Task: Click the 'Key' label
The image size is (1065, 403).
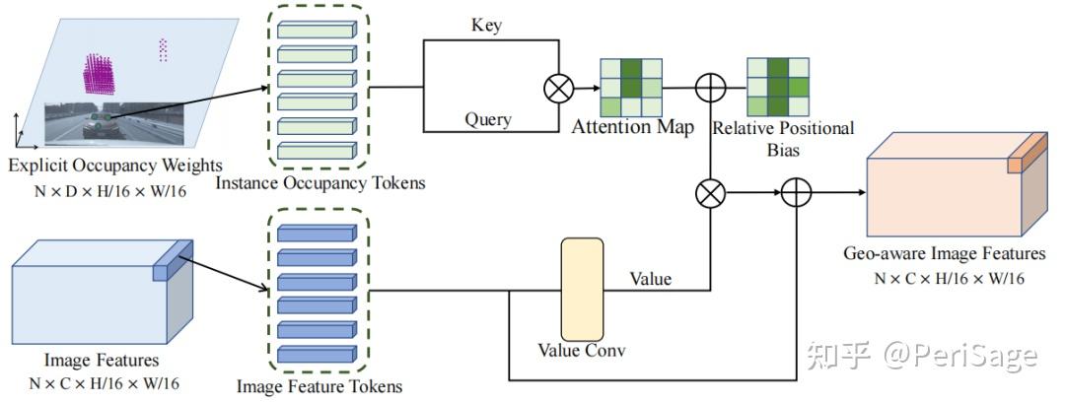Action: tap(487, 26)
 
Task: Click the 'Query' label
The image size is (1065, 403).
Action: tap(487, 119)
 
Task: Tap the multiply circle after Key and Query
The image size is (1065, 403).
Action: tap(559, 89)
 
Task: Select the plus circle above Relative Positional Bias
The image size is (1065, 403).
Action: tap(710, 89)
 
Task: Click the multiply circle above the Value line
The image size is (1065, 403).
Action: tap(710, 193)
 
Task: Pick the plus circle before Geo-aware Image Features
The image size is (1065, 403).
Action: tap(796, 193)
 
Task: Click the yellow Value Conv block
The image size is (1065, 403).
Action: tap(581, 287)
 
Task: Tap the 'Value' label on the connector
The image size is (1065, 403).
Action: tap(651, 279)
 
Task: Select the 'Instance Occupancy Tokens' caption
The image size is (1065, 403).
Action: tap(319, 183)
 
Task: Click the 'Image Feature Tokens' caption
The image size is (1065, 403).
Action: tap(319, 386)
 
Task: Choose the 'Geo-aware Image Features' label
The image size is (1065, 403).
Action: tap(945, 254)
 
